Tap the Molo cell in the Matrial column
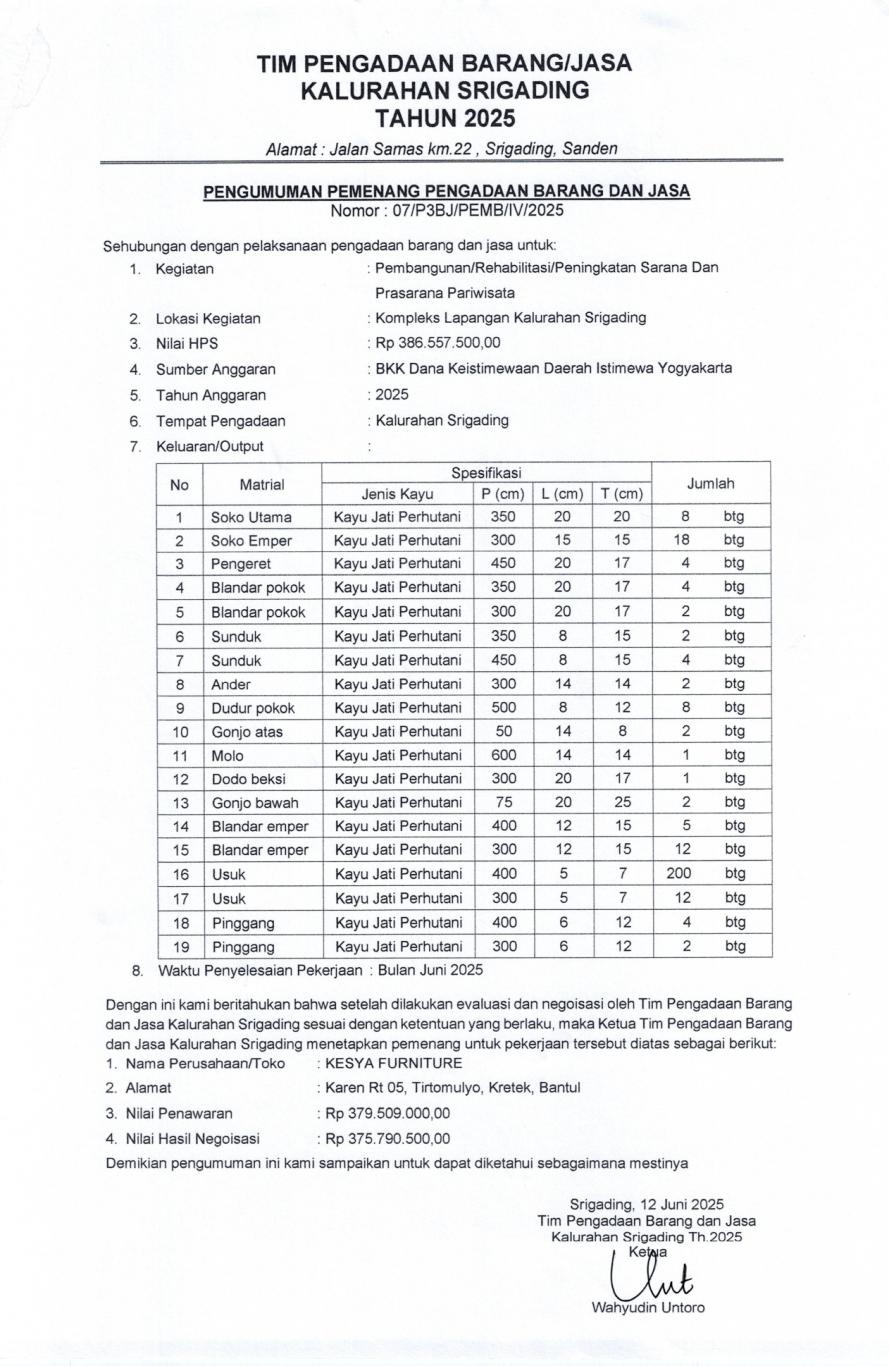click(227, 756)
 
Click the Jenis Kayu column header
click(397, 494)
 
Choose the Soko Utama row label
click(251, 518)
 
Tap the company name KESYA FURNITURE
click(394, 1063)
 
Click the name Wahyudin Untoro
click(648, 1307)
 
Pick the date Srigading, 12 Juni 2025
click(647, 1204)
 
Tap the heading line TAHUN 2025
click(444, 119)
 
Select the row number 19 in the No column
click(179, 946)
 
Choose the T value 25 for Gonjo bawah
click(622, 803)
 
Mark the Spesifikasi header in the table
click(486, 471)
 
